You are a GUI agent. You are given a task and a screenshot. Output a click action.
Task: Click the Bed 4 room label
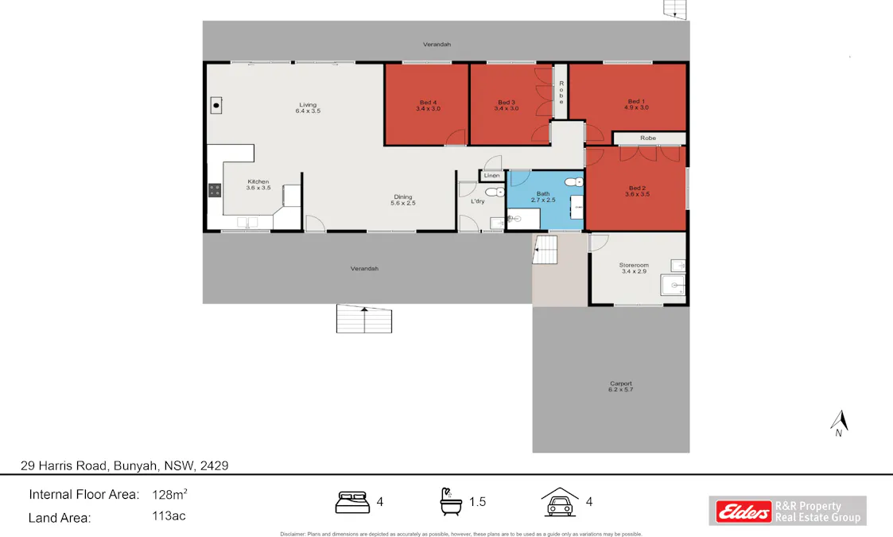tap(427, 102)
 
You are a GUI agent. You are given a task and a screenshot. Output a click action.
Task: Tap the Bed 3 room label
tap(507, 102)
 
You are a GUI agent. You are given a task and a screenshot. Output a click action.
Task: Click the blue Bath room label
tap(543, 193)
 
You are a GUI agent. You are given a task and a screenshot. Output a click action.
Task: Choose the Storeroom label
tap(634, 266)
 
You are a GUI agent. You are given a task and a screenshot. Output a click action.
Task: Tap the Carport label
tap(620, 383)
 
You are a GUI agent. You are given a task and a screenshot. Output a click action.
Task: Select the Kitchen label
tap(258, 181)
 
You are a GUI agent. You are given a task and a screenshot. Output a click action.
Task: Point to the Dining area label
tap(403, 197)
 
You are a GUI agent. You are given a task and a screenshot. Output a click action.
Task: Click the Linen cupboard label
tap(491, 175)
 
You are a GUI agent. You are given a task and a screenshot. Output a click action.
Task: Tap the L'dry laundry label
tap(477, 201)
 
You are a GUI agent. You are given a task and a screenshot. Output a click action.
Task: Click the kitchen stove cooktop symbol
tap(215, 189)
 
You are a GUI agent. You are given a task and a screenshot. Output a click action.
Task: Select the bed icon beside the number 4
tap(354, 502)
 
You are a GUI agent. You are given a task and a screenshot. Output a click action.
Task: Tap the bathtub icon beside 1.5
tap(451, 501)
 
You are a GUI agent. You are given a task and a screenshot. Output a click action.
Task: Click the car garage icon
tap(559, 502)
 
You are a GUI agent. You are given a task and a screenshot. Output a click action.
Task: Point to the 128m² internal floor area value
tap(169, 494)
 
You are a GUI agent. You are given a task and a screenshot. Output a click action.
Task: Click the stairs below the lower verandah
tap(364, 320)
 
